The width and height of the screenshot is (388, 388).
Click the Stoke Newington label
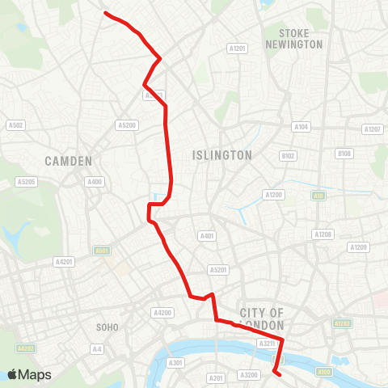(x=300, y=39)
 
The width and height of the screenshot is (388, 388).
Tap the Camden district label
(x=69, y=160)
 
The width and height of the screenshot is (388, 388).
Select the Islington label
(x=222, y=154)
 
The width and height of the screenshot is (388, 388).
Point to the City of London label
(x=263, y=318)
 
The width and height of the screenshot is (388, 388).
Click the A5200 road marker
(x=127, y=125)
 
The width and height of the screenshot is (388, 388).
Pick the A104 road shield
(x=302, y=127)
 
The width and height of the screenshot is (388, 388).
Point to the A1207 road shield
(x=373, y=129)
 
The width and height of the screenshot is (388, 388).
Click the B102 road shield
(x=289, y=155)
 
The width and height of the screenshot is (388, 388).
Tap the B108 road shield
(x=345, y=154)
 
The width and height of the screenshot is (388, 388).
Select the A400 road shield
(x=95, y=182)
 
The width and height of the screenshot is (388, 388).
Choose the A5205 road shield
(x=27, y=182)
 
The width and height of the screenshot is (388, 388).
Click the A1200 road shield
(x=273, y=195)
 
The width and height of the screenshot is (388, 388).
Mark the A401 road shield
(x=207, y=236)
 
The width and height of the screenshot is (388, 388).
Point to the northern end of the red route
(x=105, y=13)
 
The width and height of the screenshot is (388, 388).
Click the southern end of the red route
(x=277, y=373)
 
